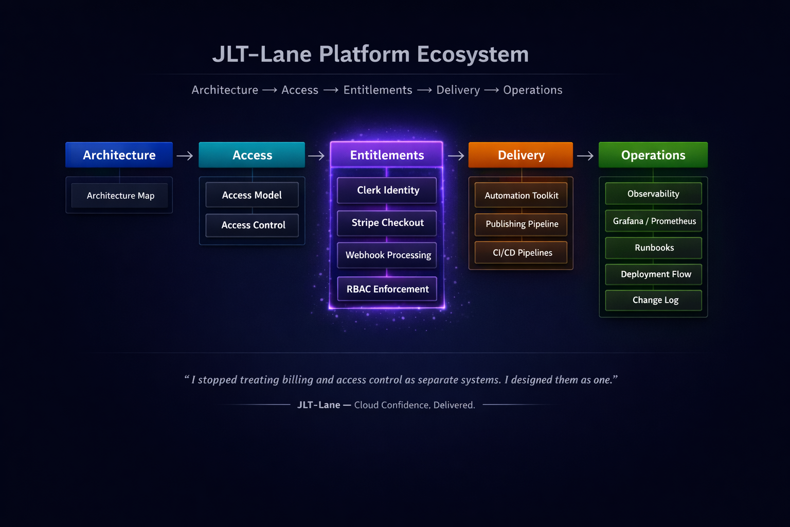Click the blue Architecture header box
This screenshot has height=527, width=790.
tap(119, 155)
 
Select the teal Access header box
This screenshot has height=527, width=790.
tap(252, 155)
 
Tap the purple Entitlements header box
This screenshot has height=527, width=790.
tap(387, 155)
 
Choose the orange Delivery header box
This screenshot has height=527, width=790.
tap(520, 155)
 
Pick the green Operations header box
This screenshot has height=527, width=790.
tap(653, 155)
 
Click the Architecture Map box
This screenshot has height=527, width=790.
tap(120, 196)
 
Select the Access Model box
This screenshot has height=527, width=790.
tap(252, 195)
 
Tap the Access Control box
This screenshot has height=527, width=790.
tap(253, 225)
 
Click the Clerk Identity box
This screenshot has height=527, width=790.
tap(387, 190)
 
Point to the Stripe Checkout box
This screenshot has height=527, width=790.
tap(387, 223)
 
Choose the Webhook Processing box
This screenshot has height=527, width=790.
tap(387, 255)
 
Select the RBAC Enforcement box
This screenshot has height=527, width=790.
tap(387, 289)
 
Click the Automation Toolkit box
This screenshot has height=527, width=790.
tap(521, 196)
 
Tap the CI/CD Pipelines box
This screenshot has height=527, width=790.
tap(522, 253)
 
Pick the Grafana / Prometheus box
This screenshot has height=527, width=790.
tap(654, 221)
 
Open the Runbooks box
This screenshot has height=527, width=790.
tap(654, 248)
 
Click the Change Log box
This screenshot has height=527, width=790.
tap(654, 300)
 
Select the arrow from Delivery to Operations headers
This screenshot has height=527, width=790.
tap(585, 156)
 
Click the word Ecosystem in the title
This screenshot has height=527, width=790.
tap(473, 54)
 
